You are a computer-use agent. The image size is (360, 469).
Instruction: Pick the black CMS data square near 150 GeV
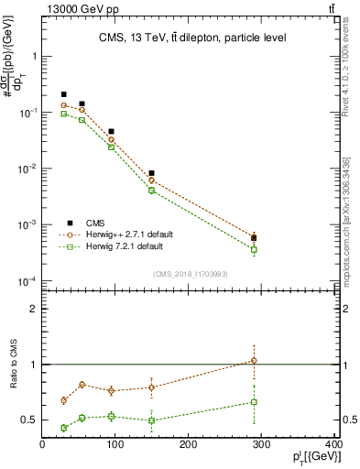point(151,173)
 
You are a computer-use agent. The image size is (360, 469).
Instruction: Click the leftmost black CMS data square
point(64,94)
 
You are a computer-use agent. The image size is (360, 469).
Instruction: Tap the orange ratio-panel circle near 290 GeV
point(254,360)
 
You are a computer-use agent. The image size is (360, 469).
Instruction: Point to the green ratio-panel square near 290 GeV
point(254,402)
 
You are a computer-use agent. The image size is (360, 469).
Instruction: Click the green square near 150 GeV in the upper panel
point(151,191)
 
